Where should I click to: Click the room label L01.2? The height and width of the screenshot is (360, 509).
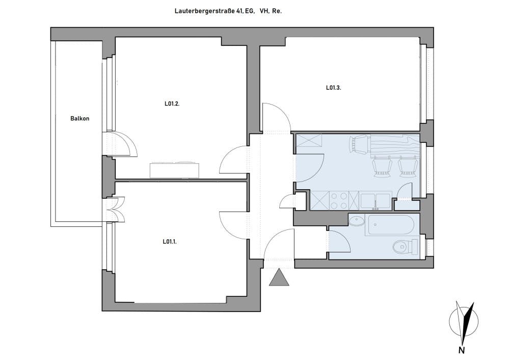172,104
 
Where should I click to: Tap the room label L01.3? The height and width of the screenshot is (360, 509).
333,88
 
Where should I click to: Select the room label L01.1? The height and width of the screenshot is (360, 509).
170,242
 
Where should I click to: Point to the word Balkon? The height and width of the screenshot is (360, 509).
80,119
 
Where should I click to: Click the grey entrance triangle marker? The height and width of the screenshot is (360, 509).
279,277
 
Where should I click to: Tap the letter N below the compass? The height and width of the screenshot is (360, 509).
461,350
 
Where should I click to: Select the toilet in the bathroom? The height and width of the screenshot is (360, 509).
405,247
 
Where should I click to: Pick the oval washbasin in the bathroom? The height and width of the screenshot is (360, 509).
357,222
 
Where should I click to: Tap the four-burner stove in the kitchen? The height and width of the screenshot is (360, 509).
339,200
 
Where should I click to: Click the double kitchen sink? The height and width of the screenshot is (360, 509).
375,201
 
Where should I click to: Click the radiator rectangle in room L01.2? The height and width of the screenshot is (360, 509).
174,170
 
